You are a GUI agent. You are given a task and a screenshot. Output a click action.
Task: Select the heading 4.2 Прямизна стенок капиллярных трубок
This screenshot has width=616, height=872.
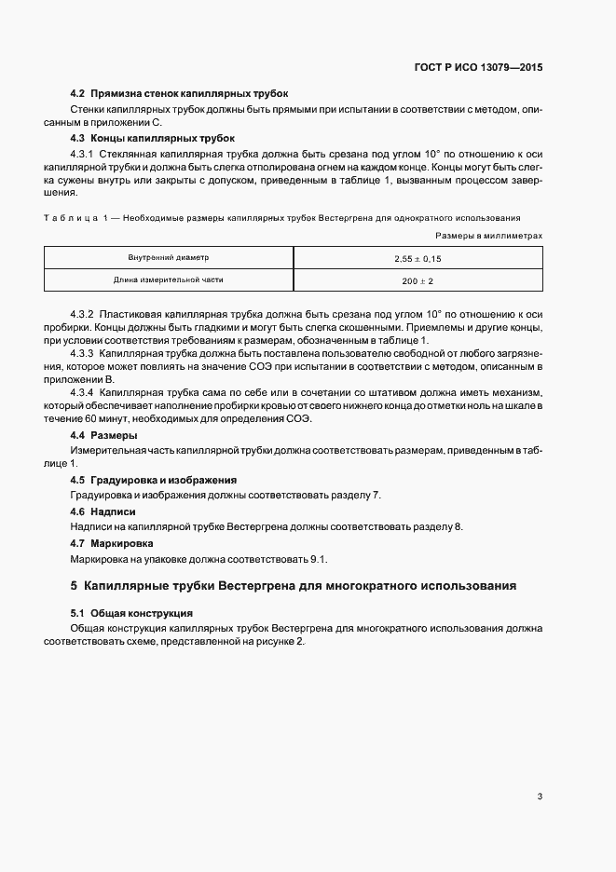point(179,94)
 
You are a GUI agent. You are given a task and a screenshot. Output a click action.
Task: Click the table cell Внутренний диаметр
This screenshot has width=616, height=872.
point(169,257)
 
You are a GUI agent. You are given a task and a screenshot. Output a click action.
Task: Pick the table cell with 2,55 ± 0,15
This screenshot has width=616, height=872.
point(418,257)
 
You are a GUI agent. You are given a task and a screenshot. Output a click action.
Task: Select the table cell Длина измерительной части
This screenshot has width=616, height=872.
point(169,279)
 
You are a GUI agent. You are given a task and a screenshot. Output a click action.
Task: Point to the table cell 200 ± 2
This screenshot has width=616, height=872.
point(418,279)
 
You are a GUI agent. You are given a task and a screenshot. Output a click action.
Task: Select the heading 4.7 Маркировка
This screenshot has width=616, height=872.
point(112,543)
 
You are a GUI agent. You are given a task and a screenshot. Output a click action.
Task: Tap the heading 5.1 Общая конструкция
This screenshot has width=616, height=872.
point(131,613)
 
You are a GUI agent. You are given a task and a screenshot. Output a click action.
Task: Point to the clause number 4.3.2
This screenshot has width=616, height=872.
point(82,314)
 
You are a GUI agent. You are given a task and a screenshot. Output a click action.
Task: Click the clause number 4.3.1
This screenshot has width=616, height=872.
point(82,153)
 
